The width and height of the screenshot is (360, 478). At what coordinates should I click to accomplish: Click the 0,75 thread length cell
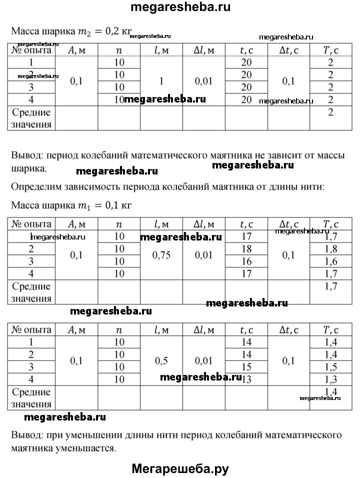pyautogui.click(x=161, y=255)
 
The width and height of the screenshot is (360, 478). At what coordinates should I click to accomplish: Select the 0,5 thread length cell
pyautogui.click(x=161, y=360)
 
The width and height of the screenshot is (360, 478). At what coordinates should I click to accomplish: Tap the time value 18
pyautogui.click(x=246, y=248)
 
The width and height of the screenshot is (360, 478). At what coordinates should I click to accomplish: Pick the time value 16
pyautogui.click(x=246, y=261)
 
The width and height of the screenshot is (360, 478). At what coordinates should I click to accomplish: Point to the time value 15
pyautogui.click(x=246, y=366)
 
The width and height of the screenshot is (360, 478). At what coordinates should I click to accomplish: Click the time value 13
pyautogui.click(x=246, y=379)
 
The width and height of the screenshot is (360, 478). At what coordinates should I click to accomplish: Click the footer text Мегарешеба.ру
pyautogui.click(x=180, y=468)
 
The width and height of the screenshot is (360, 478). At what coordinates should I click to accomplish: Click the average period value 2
pyautogui.click(x=330, y=112)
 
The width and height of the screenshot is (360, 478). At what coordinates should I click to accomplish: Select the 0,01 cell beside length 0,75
pyautogui.click(x=203, y=255)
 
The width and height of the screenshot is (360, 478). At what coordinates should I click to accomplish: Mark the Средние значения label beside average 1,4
pyautogui.click(x=31, y=397)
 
